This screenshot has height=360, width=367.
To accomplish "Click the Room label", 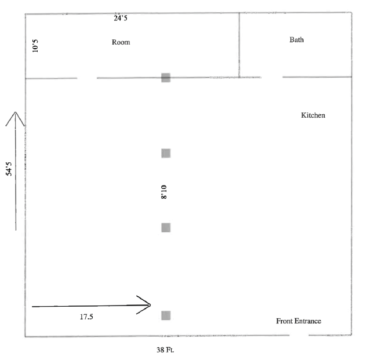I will [x=121, y=42].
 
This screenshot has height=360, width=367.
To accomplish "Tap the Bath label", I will [x=296, y=40].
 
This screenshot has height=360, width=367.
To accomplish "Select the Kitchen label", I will [x=313, y=115].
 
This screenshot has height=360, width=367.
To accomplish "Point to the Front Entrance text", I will [x=299, y=321].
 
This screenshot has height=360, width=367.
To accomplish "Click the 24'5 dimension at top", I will [x=121, y=18].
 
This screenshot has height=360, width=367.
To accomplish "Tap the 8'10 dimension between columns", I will [x=165, y=191].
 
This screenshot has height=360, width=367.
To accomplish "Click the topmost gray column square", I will [x=166, y=78].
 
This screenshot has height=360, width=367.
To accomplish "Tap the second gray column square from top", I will [x=166, y=153].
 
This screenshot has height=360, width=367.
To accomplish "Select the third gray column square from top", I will [x=166, y=227].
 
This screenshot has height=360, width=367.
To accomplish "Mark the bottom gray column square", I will [x=166, y=315].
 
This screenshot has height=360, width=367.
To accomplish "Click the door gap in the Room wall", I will [x=87, y=78].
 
